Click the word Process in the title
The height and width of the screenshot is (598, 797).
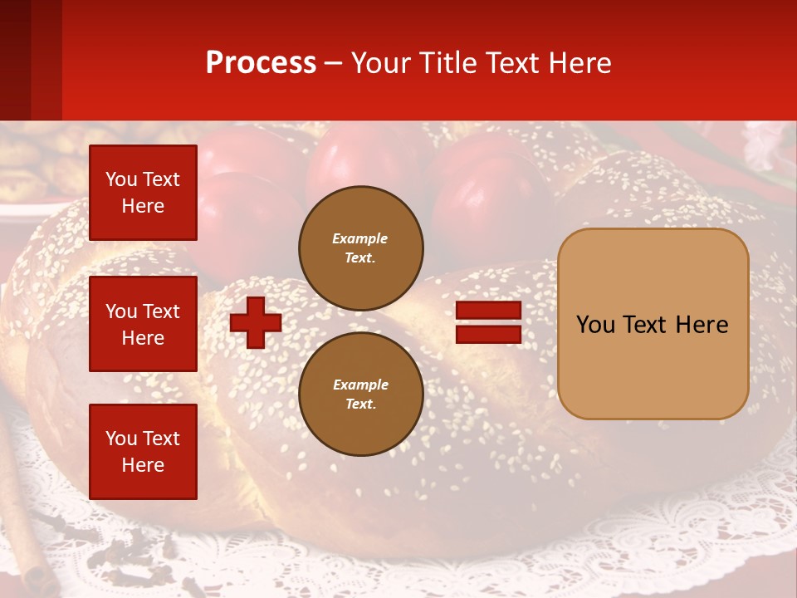pos(261,63)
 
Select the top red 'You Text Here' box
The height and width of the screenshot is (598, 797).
pos(143,193)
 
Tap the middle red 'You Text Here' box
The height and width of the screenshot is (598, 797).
pos(143,324)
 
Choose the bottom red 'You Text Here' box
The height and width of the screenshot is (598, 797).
pos(143,452)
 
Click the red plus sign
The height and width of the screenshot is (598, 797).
pos(256,322)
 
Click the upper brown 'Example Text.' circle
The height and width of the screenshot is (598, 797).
pos(360,248)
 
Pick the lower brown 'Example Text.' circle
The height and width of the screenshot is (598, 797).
pos(360,394)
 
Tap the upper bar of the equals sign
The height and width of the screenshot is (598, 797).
pos(488,311)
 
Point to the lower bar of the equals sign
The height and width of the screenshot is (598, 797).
pos(488,334)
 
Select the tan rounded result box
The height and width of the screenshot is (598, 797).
pos(653,324)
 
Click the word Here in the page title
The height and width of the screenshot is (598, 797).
pos(579,63)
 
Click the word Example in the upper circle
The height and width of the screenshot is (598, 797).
pos(360,238)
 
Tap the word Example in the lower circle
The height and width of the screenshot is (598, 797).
pos(360,385)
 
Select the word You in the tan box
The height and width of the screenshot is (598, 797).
pos(595,325)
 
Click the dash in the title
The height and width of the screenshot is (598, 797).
pos(334,64)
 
